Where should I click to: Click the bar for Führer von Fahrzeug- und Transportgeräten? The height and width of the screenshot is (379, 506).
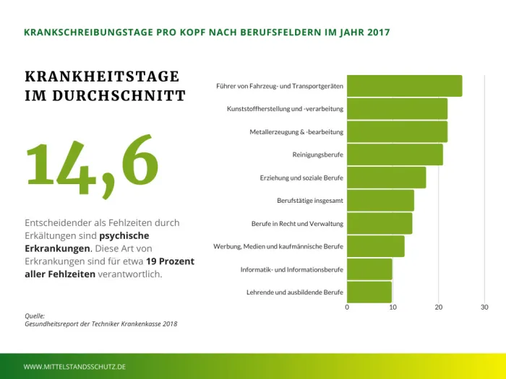click(x=404, y=86)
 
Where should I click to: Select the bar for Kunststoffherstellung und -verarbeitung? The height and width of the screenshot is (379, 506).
click(x=397, y=109)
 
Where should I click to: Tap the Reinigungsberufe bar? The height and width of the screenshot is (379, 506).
click(x=395, y=154)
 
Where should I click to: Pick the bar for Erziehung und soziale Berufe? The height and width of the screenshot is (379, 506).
click(x=386, y=178)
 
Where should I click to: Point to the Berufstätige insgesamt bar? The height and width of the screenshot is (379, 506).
click(x=380, y=200)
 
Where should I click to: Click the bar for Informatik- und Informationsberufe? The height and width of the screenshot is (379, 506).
click(x=369, y=269)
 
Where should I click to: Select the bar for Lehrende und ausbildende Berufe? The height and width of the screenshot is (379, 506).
click(x=369, y=292)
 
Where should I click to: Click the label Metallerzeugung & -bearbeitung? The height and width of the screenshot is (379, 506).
click(x=296, y=132)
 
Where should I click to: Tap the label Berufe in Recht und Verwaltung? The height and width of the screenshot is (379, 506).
click(x=297, y=224)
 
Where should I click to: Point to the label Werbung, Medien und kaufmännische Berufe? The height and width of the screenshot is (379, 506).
click(x=278, y=246)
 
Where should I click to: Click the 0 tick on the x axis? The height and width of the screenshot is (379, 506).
click(x=347, y=308)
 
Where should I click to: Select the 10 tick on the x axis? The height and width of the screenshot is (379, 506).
click(x=393, y=308)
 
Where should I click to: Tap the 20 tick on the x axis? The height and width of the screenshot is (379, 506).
click(x=439, y=308)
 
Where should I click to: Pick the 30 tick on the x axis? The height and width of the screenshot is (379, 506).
click(x=484, y=308)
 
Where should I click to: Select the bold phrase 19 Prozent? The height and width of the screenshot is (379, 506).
click(x=170, y=261)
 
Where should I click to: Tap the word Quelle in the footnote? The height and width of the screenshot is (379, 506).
click(x=35, y=315)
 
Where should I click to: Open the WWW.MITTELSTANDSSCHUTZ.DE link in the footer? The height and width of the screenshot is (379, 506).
click(x=75, y=367)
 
